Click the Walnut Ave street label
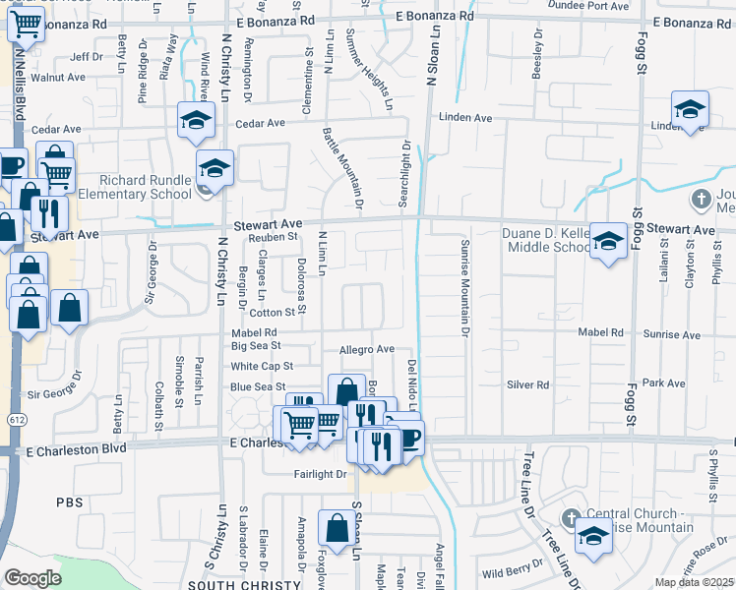coord(55,77)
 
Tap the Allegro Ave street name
coord(366,349)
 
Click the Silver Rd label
coord(527,384)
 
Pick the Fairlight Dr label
coord(321,474)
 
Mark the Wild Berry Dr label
coord(507,571)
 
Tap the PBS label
coord(70,501)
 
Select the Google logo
coord(32,577)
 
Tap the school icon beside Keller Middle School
coord(608,241)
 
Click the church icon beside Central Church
coord(569,517)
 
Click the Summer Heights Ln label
coord(369,69)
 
